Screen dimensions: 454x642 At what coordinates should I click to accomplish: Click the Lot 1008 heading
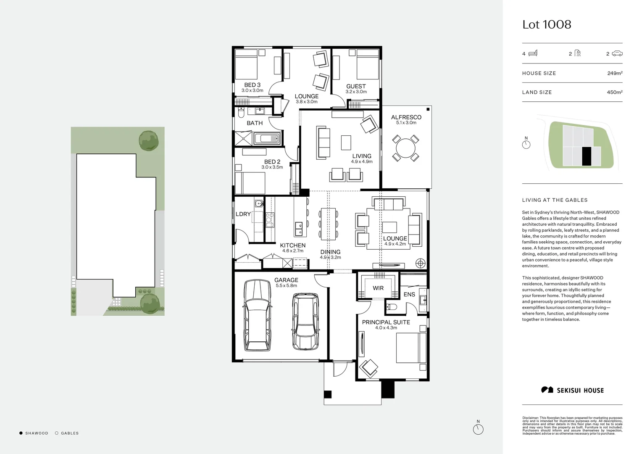coord(547,24)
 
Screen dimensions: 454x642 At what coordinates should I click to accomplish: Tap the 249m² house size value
coord(615,73)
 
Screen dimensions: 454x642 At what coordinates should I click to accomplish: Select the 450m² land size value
coord(615,92)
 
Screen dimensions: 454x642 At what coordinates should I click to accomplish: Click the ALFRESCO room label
coord(406,117)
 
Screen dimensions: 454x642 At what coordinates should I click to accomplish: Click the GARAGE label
coord(286,280)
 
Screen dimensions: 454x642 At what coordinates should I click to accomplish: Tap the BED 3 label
coord(252,85)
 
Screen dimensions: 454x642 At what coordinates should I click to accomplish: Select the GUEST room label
coord(356,86)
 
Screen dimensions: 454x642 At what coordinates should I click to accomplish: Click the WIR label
coord(378,288)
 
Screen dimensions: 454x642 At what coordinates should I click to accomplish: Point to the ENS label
coord(409,294)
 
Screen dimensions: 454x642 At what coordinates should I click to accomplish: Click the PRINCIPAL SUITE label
coord(386,322)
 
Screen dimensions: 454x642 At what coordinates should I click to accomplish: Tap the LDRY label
coord(243,214)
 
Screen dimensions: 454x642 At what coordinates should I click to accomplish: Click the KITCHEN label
coord(293,245)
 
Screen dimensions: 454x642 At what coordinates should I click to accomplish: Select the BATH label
coord(255,123)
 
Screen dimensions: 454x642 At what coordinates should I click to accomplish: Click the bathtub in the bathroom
coord(268,138)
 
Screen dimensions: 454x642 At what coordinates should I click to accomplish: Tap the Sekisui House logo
coord(572,390)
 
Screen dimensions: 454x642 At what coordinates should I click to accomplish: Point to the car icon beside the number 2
coord(617,53)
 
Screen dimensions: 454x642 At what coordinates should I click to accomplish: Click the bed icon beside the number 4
coord(533,53)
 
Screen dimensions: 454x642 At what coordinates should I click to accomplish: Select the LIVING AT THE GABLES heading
coord(555,200)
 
